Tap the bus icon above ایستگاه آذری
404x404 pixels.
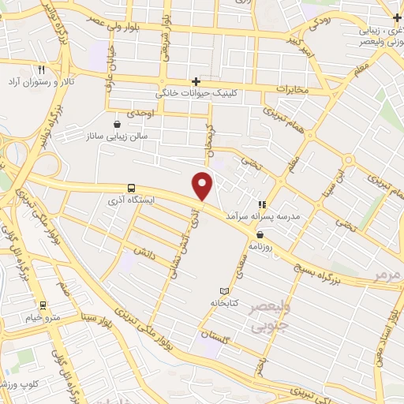click(130, 188)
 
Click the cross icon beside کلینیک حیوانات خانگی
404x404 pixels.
click(196, 80)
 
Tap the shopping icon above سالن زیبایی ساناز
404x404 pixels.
click(118, 123)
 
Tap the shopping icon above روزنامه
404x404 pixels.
click(260, 234)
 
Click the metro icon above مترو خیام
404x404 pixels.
click(43, 305)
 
